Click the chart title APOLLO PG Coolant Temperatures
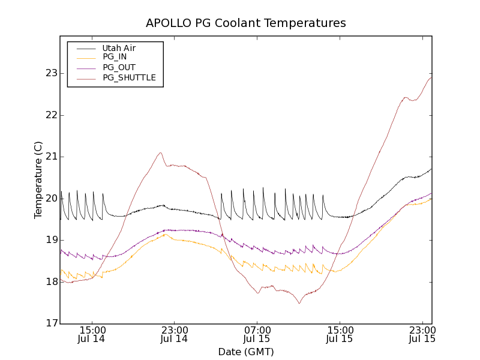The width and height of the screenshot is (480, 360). pyautogui.click(x=246, y=23)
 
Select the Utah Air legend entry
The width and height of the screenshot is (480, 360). pyautogui.click(x=119, y=48)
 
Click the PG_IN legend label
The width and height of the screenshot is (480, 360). pyautogui.click(x=115, y=57)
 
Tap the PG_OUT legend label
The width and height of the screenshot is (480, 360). pyautogui.click(x=119, y=67)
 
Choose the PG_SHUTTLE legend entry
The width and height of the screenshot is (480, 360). pyautogui.click(x=129, y=77)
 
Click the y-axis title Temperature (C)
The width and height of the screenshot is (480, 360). pyautogui.click(x=38, y=180)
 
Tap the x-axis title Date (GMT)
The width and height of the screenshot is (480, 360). pyautogui.click(x=246, y=352)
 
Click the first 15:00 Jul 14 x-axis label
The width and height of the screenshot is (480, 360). pyautogui.click(x=92, y=334)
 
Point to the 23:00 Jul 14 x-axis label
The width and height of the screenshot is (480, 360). pyautogui.click(x=175, y=334)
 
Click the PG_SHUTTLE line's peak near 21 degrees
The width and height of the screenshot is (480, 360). pyautogui.click(x=160, y=152)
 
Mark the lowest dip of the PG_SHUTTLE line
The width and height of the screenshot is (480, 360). pyautogui.click(x=299, y=303)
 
